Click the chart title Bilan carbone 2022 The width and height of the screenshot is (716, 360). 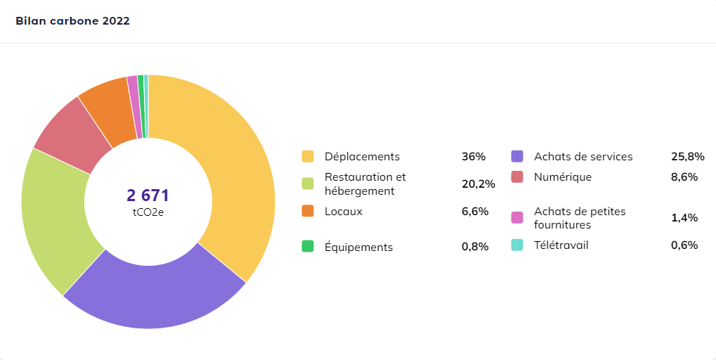click(72, 21)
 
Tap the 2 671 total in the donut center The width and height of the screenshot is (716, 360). click(148, 195)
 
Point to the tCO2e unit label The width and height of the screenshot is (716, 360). click(148, 212)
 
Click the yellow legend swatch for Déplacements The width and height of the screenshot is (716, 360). click(308, 156)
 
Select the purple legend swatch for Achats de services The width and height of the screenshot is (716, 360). click(517, 156)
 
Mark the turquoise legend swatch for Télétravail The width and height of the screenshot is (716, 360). click(517, 245)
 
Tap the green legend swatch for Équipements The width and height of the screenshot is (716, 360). click(308, 246)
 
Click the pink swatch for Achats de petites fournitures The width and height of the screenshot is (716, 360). click(517, 217)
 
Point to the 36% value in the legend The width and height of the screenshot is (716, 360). click(474, 157)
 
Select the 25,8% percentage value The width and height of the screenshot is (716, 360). click(688, 157)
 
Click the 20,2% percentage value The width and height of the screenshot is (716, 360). click(479, 184)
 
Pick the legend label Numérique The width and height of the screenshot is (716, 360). click(563, 176)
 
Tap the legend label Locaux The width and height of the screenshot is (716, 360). click(344, 212)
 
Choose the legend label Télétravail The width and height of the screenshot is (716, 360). click(561, 245)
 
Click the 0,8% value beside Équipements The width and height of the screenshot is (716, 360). click(475, 247)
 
